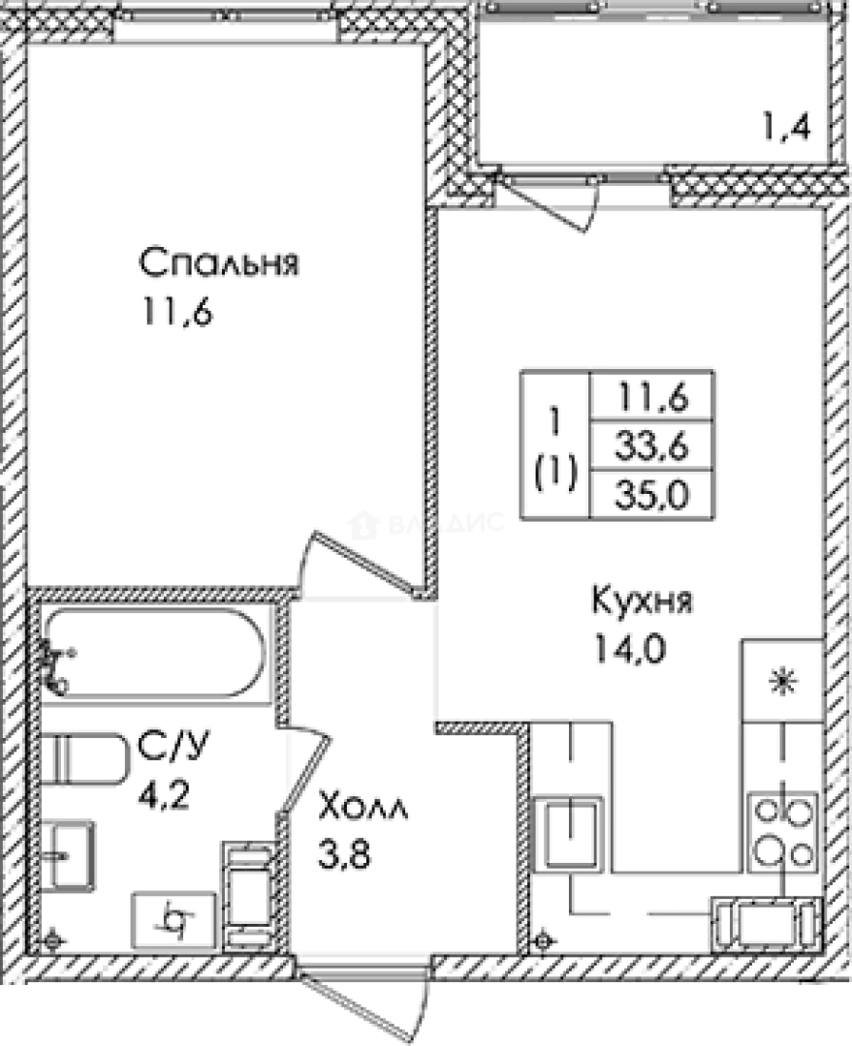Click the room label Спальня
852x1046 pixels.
tap(217, 263)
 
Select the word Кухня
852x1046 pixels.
tap(642, 601)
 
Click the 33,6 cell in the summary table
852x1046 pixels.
tap(650, 446)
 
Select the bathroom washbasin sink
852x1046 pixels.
tap(67, 854)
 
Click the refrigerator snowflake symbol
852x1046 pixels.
tap(781, 682)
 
